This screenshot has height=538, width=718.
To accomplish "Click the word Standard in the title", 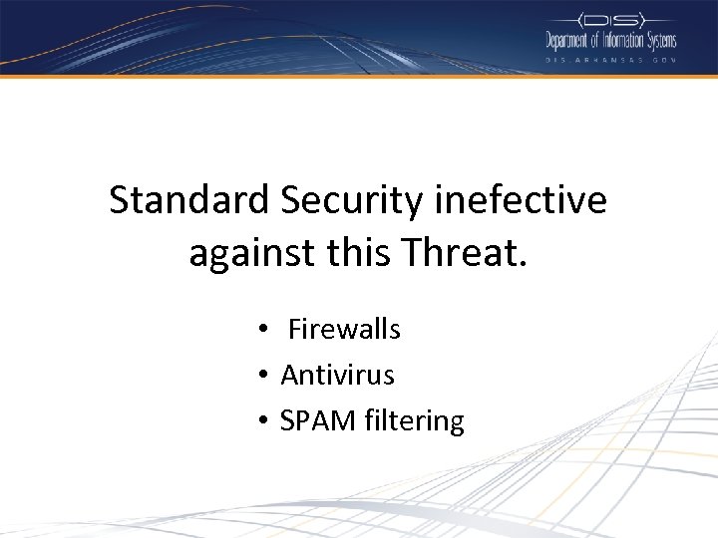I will point(189,200).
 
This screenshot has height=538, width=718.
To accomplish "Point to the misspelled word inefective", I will point(521,200).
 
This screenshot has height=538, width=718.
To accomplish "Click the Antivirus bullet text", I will point(337,376).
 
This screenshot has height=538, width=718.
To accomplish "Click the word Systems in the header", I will point(662,41).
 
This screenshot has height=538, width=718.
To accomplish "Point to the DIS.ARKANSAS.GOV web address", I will point(609,60).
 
